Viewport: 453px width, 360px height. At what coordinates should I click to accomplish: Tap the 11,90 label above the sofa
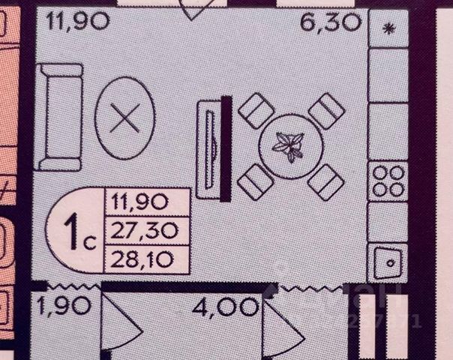tap(78, 19)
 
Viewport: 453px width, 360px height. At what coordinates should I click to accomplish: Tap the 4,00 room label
tap(224, 306)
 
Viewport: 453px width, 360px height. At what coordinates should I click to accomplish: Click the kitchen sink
tap(388, 259)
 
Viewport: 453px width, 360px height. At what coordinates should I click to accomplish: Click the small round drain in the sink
tap(390, 263)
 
